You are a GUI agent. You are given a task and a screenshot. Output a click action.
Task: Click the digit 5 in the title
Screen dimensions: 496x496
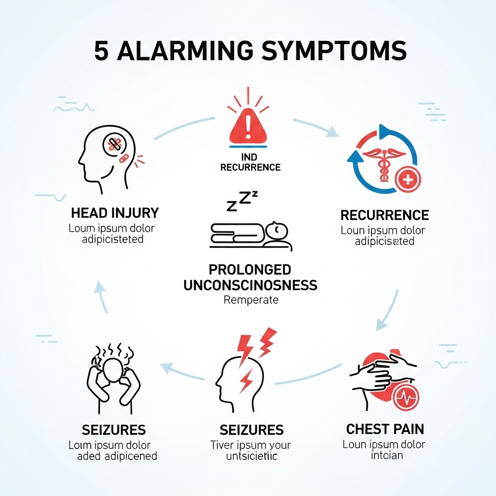[101, 51]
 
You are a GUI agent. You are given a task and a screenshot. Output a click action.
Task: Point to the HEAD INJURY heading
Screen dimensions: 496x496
[115, 213]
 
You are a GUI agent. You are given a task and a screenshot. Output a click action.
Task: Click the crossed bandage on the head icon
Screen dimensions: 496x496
[115, 144]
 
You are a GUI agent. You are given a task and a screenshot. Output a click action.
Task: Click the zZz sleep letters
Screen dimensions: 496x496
[242, 201]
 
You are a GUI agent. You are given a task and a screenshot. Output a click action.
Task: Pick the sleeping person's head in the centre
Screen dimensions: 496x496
[278, 231]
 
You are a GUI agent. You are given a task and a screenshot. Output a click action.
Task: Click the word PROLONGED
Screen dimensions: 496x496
[250, 269]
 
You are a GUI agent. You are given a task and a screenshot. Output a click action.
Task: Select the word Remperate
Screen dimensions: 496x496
[251, 300]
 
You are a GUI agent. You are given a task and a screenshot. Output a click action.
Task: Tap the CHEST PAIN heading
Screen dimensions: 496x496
[385, 429]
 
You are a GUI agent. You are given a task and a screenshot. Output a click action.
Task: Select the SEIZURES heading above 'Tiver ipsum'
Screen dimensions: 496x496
[251, 430]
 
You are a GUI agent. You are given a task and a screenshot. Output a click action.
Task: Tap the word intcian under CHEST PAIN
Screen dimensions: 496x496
[387, 455]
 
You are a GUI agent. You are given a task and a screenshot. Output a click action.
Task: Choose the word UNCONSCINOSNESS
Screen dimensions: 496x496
[250, 285]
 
